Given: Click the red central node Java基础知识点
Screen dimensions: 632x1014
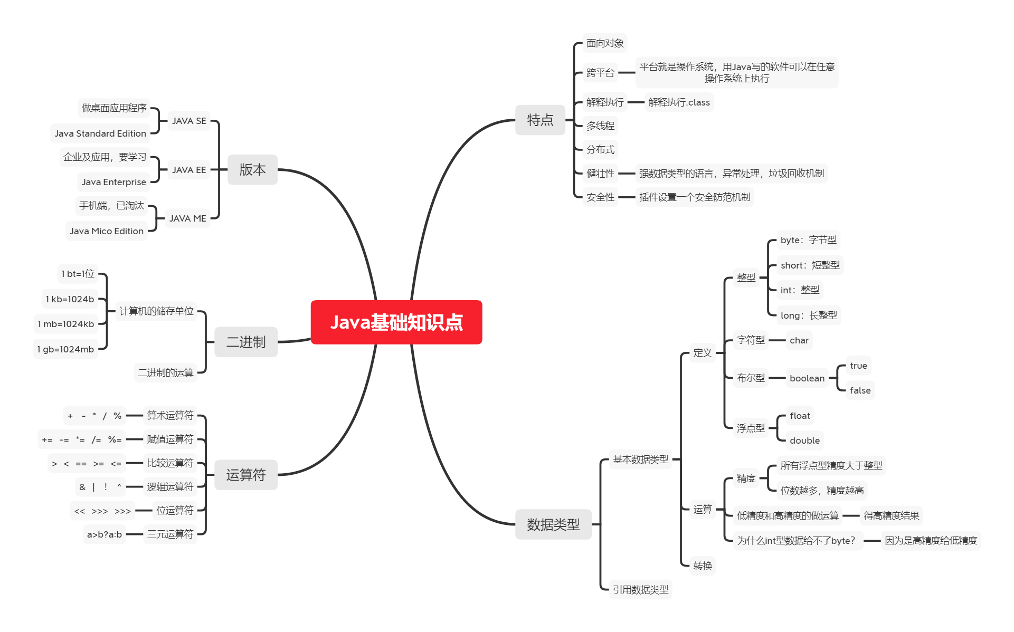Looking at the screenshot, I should click(x=396, y=322).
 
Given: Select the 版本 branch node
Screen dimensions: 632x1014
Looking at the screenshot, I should click(x=252, y=169).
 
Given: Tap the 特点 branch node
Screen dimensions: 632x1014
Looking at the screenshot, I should click(x=540, y=120).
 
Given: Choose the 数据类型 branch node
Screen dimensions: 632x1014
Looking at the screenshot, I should click(x=553, y=524).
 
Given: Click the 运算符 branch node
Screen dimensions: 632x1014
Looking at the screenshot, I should click(x=245, y=475).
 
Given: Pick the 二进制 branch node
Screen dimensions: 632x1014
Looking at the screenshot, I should click(x=245, y=342).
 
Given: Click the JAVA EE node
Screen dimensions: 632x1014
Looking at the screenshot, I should click(x=189, y=170).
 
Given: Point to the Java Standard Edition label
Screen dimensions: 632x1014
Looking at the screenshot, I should click(x=100, y=133).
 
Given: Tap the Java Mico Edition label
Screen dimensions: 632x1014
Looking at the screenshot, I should click(x=107, y=231).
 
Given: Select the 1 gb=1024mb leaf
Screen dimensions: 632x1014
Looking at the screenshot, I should click(x=65, y=349).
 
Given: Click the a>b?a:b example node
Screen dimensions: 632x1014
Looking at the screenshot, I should click(x=105, y=534).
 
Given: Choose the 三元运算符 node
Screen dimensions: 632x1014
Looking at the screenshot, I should click(x=170, y=534).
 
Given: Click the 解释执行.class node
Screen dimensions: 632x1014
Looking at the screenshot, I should click(x=679, y=102).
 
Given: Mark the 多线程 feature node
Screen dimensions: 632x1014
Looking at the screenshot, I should click(x=600, y=126).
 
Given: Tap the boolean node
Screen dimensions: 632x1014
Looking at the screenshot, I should click(x=807, y=378).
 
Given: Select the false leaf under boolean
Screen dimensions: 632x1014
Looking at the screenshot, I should click(x=860, y=390).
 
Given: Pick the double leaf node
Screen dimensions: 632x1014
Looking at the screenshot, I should click(x=804, y=441).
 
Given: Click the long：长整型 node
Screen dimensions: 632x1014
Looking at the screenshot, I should click(x=809, y=315).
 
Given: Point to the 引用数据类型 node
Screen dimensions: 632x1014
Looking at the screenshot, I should click(x=640, y=590).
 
